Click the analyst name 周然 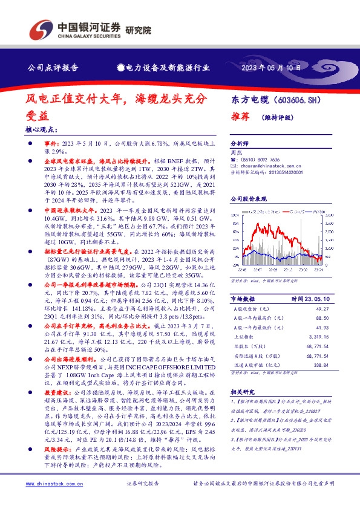click(x=237, y=154)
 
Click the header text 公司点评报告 click(x=54, y=68)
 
